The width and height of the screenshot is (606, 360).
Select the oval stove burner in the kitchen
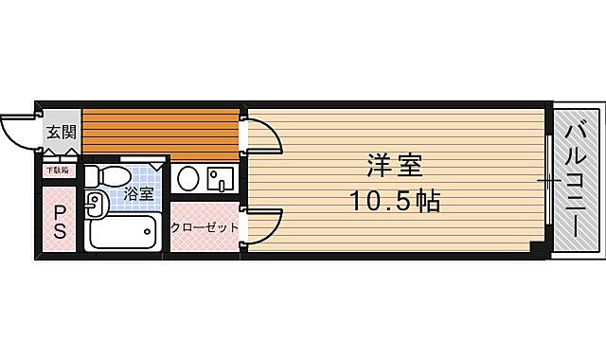click(x=187, y=178)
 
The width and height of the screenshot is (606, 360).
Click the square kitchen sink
click(x=221, y=178)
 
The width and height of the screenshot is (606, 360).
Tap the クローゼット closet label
click(x=204, y=228)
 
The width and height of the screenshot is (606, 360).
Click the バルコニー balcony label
click(x=577, y=179)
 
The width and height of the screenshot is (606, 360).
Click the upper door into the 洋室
click(x=264, y=136)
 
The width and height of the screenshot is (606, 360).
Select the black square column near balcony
click(x=537, y=248)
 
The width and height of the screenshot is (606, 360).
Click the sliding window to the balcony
click(x=548, y=179)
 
